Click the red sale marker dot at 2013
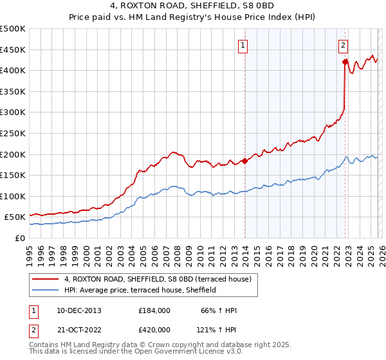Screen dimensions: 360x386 tap(244, 161)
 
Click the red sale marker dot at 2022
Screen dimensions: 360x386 tap(345, 62)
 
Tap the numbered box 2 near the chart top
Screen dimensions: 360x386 tap(344, 45)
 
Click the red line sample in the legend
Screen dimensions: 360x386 tap(46, 279)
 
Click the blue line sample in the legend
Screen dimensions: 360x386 tap(46, 290)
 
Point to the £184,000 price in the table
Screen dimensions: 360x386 tap(154, 310)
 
